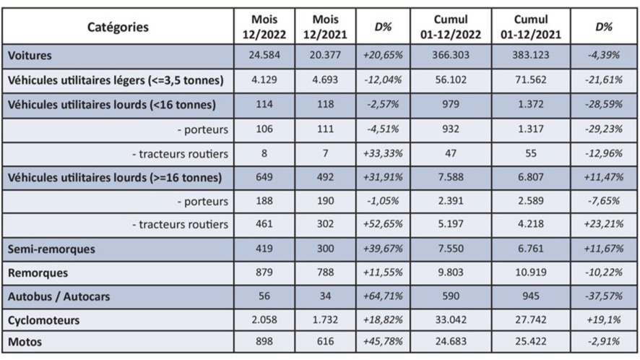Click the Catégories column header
118,27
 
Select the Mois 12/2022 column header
264,27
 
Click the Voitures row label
30,56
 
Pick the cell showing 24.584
264,56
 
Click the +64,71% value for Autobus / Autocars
384,296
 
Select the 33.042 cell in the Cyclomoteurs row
450,319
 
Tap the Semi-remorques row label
51,249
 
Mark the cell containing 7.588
450,177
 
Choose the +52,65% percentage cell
384,225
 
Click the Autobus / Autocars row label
59,296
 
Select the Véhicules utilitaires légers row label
115,80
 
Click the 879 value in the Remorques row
264,273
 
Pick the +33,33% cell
384,153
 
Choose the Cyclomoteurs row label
43,319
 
